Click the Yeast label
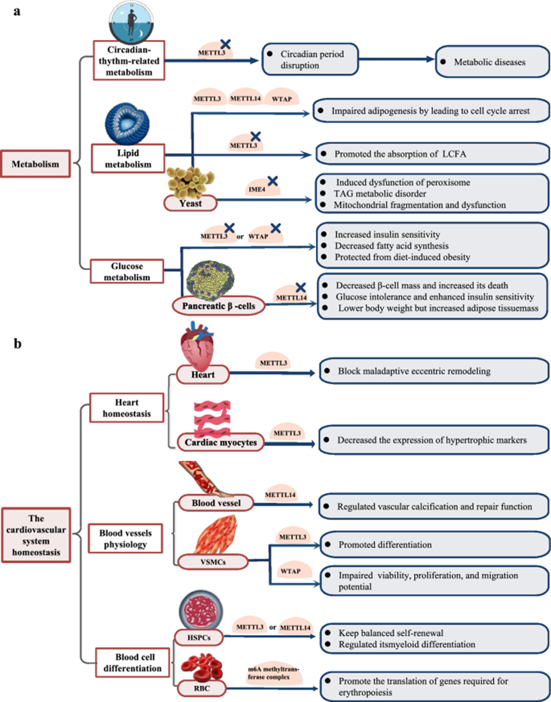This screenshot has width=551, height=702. pos(189,202)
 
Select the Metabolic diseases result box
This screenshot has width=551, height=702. pos(490,62)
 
